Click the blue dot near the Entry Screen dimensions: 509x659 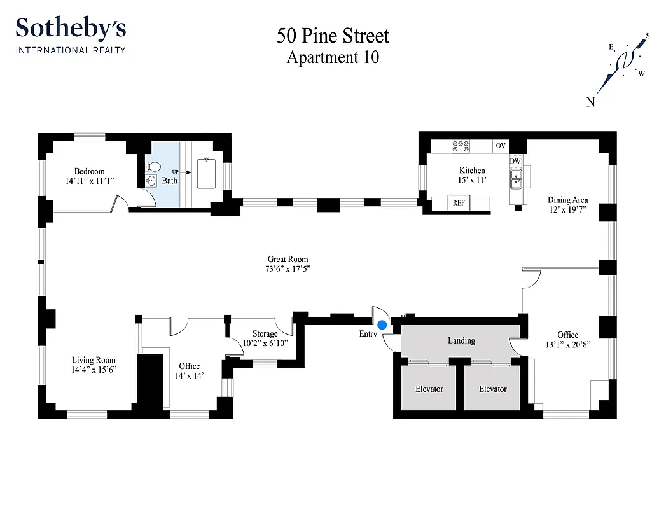(x=382, y=324)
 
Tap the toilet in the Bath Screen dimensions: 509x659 (x=153, y=167)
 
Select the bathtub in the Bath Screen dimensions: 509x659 (x=207, y=174)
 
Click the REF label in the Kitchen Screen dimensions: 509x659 (x=458, y=204)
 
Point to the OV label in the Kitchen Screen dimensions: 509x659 (x=501, y=146)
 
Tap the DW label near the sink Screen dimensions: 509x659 (x=515, y=162)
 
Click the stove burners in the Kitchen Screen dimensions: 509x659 (x=461, y=146)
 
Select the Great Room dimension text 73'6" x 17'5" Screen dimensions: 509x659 (x=289, y=269)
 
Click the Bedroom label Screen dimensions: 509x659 (x=89, y=171)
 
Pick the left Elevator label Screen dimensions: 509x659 (x=429, y=389)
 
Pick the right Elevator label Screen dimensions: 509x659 (x=493, y=389)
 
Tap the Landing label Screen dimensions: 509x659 (x=461, y=340)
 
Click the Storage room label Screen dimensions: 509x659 (x=265, y=334)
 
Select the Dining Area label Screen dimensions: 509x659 (x=567, y=200)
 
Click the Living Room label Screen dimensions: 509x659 (x=94, y=360)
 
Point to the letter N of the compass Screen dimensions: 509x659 (x=590, y=102)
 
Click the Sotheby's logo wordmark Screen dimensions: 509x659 (x=71, y=29)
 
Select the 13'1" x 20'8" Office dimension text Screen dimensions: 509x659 (x=567, y=345)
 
